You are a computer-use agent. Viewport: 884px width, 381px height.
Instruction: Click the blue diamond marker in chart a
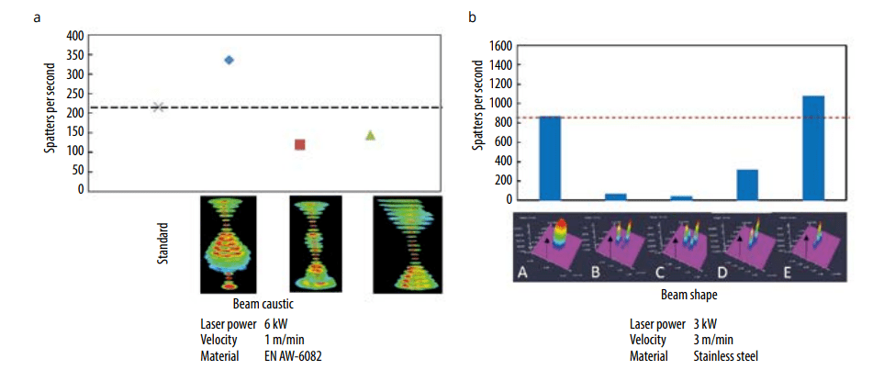pyautogui.click(x=229, y=60)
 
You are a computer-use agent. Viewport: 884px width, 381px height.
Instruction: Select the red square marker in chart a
pyautogui.click(x=299, y=144)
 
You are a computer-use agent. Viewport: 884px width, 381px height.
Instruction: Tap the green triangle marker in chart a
pyautogui.click(x=370, y=135)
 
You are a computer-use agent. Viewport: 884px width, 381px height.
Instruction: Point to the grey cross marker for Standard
pyautogui.click(x=158, y=106)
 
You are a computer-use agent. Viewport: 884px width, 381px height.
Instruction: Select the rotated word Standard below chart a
pyautogui.click(x=161, y=247)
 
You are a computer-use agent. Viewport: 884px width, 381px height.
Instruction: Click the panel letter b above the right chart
pyautogui.click(x=472, y=17)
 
